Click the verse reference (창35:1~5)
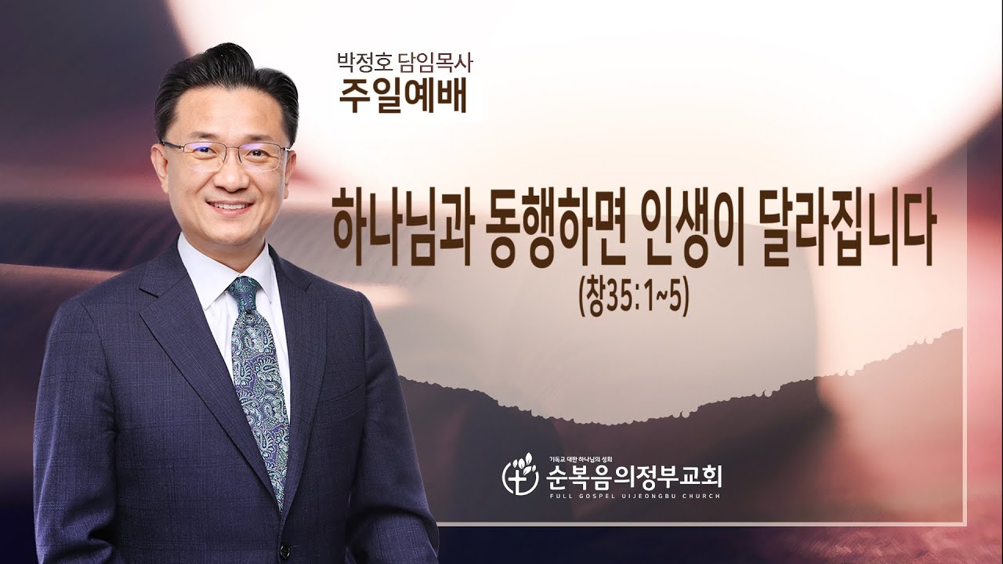pos(633,298)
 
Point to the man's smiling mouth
pos(229,207)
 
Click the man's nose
pos(228,179)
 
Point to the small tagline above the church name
pos(579,459)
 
